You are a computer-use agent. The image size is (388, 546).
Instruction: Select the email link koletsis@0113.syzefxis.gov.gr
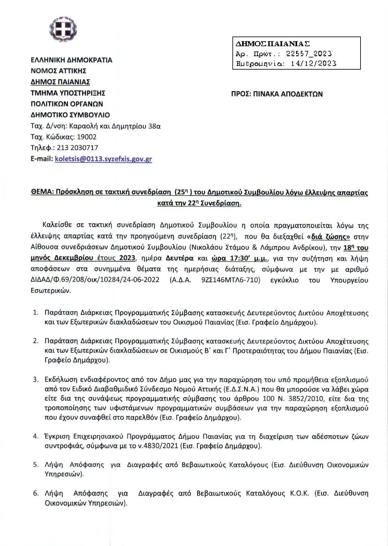103,159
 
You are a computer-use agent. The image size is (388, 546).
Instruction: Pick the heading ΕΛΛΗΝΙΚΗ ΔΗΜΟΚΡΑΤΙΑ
72,60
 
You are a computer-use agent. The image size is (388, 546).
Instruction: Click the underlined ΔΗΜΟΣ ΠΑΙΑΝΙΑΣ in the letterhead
60,82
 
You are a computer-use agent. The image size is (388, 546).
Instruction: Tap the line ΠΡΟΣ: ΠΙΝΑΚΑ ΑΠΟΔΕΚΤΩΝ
277,94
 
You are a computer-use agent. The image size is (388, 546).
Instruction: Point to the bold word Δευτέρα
180,258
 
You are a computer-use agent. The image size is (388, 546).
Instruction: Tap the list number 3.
36,380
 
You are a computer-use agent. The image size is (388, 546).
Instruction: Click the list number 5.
36,465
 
